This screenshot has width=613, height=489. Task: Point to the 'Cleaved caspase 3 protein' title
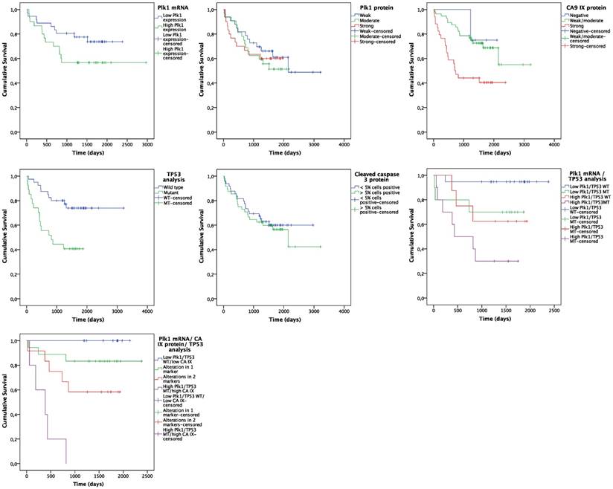pos(374,178)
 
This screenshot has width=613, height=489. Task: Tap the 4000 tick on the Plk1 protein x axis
pos(344,141)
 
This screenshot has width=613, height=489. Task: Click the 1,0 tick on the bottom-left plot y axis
pos(16,340)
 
